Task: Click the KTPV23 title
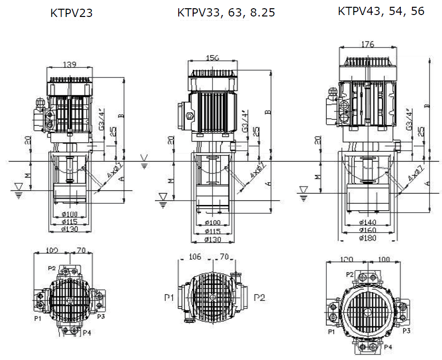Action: [71, 13]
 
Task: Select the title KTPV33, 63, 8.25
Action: [226, 13]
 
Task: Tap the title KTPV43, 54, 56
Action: [381, 11]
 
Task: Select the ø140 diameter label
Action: [368, 222]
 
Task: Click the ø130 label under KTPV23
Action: [71, 229]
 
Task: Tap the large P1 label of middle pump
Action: [169, 297]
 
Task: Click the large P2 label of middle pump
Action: [260, 297]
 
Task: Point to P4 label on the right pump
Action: [387, 347]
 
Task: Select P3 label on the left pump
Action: [101, 316]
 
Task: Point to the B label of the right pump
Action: [427, 105]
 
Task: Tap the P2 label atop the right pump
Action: [350, 274]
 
